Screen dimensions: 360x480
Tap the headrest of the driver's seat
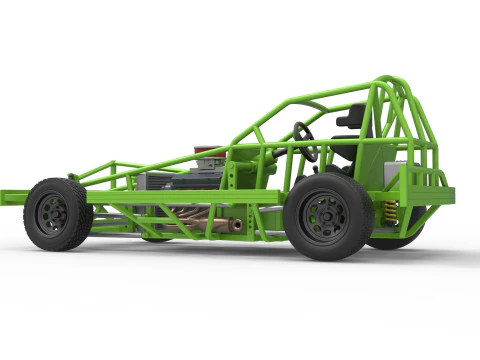click(350, 117)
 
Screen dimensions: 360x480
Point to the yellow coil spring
click(390, 212)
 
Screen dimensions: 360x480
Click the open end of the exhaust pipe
click(236, 225)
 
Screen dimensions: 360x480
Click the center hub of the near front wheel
click(54, 213)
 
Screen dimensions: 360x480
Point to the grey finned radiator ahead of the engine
click(155, 181)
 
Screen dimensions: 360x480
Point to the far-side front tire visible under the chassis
click(156, 238)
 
